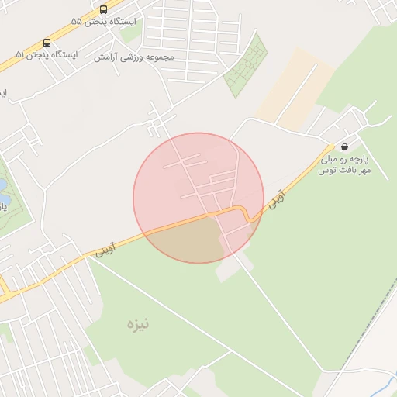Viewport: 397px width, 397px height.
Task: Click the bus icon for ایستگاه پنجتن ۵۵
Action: point(104,9)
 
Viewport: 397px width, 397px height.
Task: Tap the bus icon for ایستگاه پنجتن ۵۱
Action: point(47,43)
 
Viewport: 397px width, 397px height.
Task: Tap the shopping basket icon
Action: point(343,147)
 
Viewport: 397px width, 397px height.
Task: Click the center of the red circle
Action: point(198,198)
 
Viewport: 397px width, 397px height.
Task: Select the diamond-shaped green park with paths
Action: point(246,67)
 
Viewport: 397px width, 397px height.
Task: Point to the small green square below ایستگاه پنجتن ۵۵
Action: point(130,33)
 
